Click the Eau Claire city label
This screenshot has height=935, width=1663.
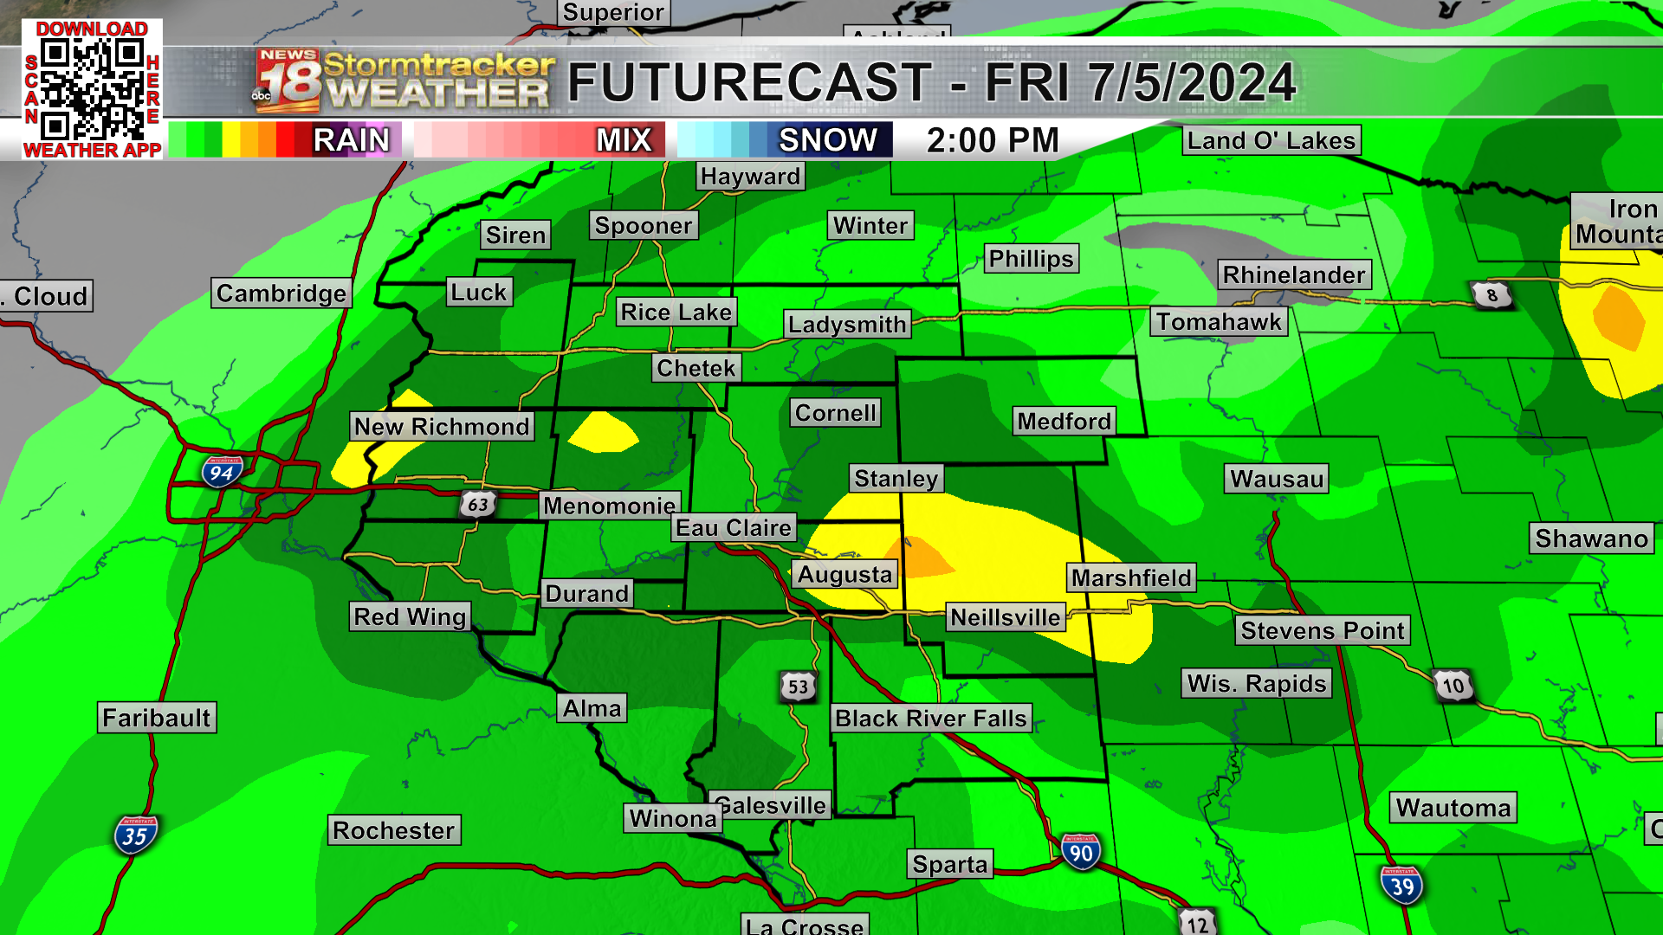[734, 528]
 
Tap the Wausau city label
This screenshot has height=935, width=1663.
[1277, 479]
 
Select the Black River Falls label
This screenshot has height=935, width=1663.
[931, 719]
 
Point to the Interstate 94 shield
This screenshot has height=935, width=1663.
[222, 472]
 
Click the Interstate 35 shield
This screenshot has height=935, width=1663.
[135, 835]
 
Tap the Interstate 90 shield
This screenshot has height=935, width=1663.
[1081, 852]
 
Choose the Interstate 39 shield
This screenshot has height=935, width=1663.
[1401, 885]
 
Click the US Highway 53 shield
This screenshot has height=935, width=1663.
[798, 687]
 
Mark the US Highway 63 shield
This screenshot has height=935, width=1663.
[477, 504]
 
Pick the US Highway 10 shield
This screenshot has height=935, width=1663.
[1453, 686]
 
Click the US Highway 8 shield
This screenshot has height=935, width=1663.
[1492, 295]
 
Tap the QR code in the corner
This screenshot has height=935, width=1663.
[92, 89]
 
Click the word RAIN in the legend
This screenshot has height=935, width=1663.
[351, 140]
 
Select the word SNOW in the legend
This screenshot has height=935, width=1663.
[827, 140]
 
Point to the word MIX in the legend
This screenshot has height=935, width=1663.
[624, 140]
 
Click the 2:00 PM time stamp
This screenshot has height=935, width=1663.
[993, 140]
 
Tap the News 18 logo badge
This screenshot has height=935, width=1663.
[288, 81]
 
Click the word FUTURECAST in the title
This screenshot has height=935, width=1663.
[749, 83]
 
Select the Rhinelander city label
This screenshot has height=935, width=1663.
[1294, 275]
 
